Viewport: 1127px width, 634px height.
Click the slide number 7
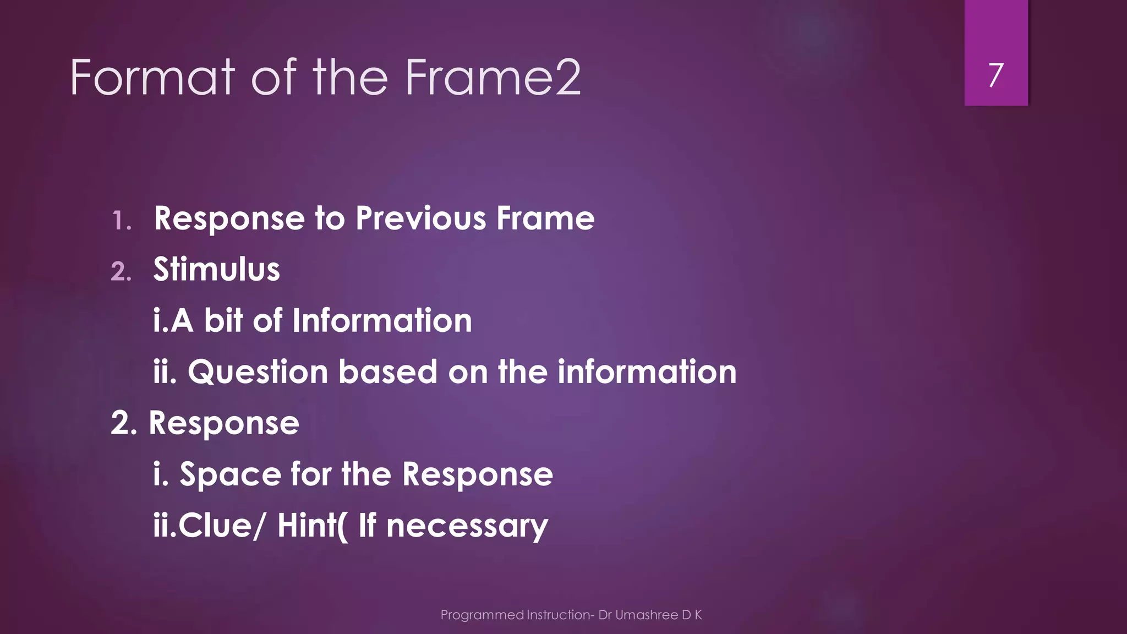coord(995,75)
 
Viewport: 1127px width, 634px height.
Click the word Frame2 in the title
coord(493,78)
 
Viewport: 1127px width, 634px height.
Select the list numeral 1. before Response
coord(121,221)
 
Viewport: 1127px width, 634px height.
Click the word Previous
coord(420,219)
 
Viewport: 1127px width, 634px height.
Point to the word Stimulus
coord(216,270)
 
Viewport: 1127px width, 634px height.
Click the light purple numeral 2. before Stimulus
coord(121,272)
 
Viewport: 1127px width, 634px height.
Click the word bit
coord(223,321)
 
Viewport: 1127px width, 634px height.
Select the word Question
coord(258,373)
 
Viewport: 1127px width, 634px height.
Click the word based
coord(387,372)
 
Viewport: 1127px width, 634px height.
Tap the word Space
coord(230,475)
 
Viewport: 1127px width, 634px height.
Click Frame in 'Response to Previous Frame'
coord(545,219)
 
